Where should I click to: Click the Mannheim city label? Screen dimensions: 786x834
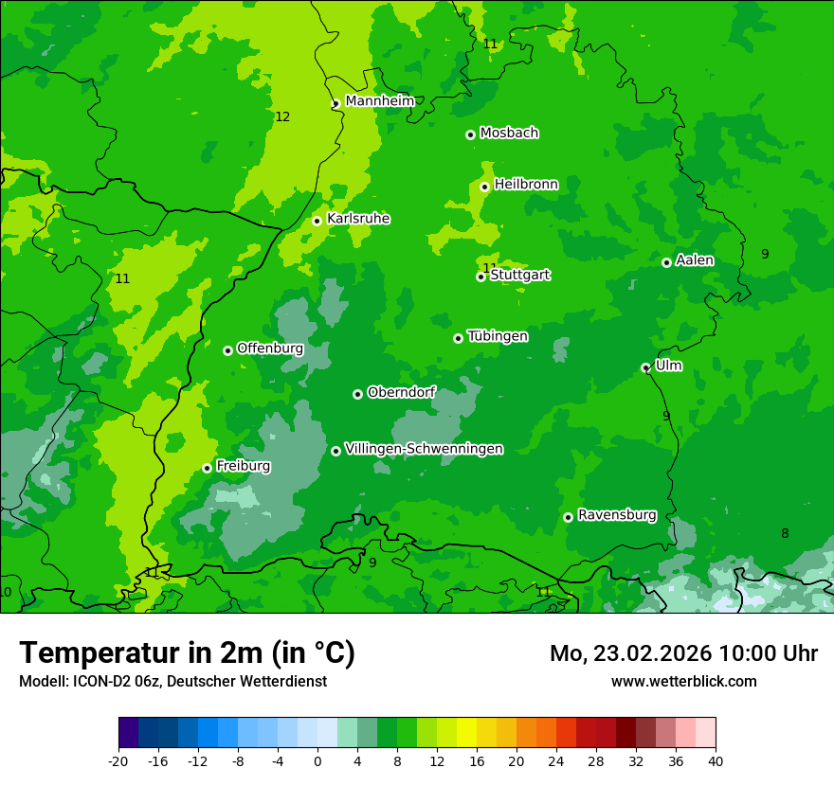click(379, 101)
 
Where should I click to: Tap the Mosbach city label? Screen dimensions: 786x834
click(509, 134)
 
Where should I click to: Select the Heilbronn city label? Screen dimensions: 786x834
click(526, 185)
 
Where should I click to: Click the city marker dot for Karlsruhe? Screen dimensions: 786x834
click(317, 222)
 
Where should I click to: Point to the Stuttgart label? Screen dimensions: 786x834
click(520, 276)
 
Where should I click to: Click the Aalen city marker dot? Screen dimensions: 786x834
click(667, 263)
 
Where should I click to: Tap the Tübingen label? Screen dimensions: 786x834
click(498, 336)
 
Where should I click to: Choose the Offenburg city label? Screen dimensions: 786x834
click(270, 348)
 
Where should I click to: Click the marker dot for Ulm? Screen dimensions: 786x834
click(646, 368)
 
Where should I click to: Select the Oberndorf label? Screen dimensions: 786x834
click(402, 392)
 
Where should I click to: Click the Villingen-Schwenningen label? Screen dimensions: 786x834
click(424, 449)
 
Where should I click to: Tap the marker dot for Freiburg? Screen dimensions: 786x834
click(208, 469)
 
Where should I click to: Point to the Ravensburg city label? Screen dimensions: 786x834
click(617, 515)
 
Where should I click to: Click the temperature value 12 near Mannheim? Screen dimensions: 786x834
click(282, 117)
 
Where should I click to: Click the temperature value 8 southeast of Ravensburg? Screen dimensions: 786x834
click(785, 534)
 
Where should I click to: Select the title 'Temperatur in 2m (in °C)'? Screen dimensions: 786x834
click(187, 653)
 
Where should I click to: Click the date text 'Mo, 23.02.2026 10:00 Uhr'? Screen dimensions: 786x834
click(683, 653)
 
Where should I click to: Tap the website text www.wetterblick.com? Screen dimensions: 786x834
click(683, 682)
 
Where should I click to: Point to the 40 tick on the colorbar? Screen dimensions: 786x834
click(715, 761)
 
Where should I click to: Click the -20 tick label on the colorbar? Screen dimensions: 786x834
click(118, 761)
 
